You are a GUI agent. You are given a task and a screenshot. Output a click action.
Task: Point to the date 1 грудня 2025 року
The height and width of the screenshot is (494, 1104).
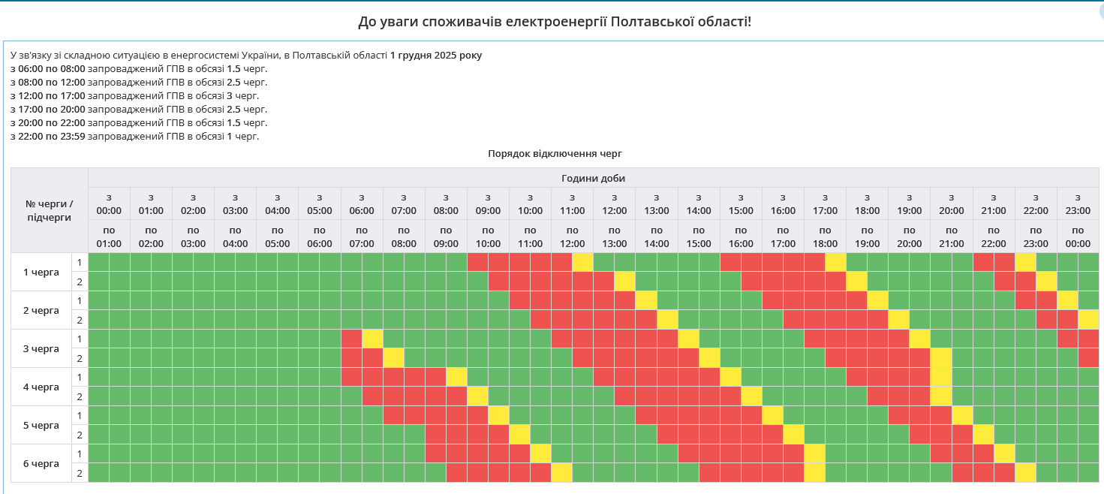click(436, 55)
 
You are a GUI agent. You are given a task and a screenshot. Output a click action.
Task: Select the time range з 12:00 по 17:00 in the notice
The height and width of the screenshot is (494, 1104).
click(48, 95)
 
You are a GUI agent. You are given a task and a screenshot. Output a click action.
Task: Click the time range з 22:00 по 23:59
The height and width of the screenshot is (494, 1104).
click(48, 136)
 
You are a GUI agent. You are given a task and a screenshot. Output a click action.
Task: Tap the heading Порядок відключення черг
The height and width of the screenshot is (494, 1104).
click(555, 153)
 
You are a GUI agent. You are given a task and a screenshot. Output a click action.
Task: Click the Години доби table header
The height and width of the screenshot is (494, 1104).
click(593, 178)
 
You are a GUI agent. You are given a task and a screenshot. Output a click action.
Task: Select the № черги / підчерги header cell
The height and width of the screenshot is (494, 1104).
click(50, 210)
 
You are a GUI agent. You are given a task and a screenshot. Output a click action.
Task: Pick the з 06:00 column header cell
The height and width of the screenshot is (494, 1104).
click(362, 203)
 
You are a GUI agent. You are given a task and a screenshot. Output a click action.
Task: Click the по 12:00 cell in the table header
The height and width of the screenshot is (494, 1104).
click(572, 236)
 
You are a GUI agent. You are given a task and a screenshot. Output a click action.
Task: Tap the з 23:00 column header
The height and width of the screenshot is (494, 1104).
click(1078, 203)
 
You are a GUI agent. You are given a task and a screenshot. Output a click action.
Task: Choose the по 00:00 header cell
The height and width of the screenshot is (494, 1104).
click(1078, 236)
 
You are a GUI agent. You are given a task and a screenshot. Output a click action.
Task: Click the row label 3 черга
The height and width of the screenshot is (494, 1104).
click(41, 348)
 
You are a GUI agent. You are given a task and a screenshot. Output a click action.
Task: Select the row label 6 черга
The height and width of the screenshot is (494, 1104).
click(41, 463)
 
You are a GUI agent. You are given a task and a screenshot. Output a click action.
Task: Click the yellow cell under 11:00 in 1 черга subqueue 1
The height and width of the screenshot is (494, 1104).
click(582, 262)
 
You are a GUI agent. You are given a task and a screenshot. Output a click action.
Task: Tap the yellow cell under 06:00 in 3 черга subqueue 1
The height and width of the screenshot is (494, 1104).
click(372, 339)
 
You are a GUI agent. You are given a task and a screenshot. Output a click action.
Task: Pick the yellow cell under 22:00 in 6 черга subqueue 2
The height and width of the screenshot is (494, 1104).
click(1025, 473)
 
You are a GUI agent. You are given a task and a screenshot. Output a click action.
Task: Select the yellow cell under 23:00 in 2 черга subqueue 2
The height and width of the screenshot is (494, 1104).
click(1088, 319)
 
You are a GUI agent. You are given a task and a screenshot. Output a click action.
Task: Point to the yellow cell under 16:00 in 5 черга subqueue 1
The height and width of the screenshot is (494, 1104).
click(772, 415)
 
